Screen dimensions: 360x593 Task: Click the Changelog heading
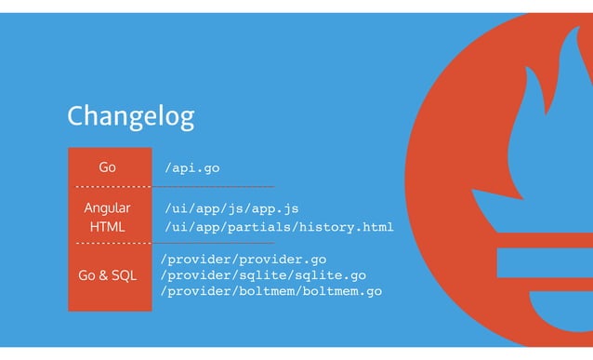click(130, 116)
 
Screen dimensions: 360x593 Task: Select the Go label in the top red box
click(108, 167)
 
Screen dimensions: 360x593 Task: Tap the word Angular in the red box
click(108, 208)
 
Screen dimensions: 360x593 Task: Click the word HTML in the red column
click(108, 227)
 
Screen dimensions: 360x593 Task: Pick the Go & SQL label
click(108, 275)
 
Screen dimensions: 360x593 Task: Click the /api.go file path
click(191, 168)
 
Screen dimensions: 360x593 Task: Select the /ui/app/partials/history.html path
click(279, 227)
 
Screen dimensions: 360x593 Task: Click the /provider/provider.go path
click(244, 260)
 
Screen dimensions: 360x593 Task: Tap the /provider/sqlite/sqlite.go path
click(263, 275)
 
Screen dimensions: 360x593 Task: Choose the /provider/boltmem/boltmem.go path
click(270, 292)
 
